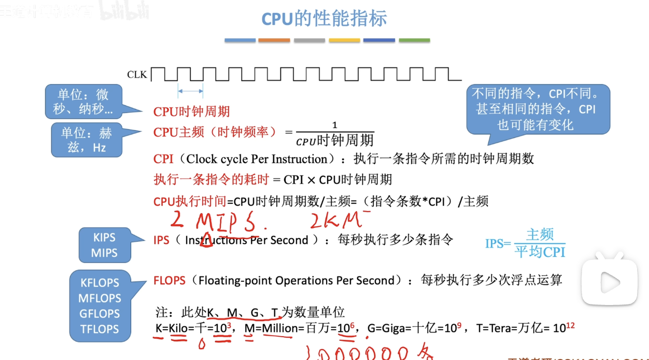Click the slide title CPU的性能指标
324,19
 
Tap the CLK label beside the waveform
137,75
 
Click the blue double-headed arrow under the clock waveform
190,91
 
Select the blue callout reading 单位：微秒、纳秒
83,102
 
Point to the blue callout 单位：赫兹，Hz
87,140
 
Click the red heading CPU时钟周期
191,112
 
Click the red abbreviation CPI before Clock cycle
163,159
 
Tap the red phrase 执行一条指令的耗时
211,179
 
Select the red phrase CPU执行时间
190,201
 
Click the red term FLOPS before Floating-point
169,281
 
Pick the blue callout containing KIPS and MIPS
104,245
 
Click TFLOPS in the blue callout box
100,329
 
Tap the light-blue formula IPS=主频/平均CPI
525,243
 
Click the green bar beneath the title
414,40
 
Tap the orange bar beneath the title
274,40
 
